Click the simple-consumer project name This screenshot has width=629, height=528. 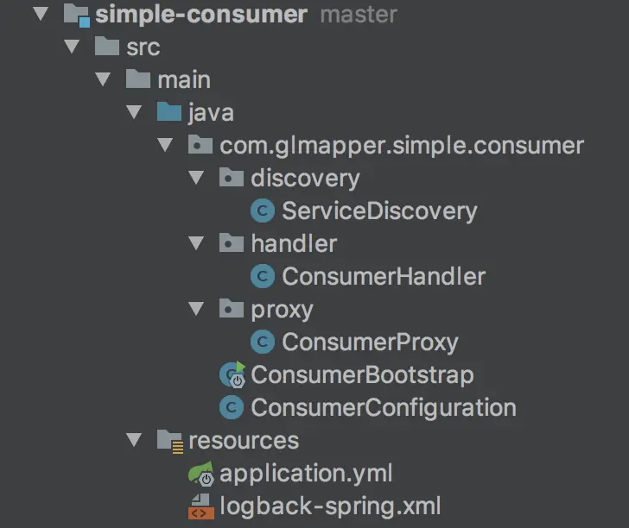(201, 15)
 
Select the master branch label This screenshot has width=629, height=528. (359, 15)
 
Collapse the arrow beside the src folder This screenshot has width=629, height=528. (72, 47)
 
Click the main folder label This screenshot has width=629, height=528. (184, 80)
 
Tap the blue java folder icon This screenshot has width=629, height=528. (169, 113)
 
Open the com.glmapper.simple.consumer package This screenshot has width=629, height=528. (402, 146)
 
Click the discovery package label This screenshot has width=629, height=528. (305, 179)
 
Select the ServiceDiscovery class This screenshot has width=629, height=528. (379, 211)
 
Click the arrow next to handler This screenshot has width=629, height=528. (196, 244)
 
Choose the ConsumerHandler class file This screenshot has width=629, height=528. (384, 277)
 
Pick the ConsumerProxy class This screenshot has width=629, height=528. (370, 343)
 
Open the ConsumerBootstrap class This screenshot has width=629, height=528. (362, 375)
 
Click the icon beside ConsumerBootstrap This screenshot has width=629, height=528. (232, 375)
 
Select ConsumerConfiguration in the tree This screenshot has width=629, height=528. (384, 408)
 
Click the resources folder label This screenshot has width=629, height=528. (244, 441)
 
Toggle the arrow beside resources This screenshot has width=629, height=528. (134, 441)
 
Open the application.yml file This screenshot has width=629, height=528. (307, 474)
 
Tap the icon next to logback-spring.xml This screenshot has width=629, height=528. (200, 506)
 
